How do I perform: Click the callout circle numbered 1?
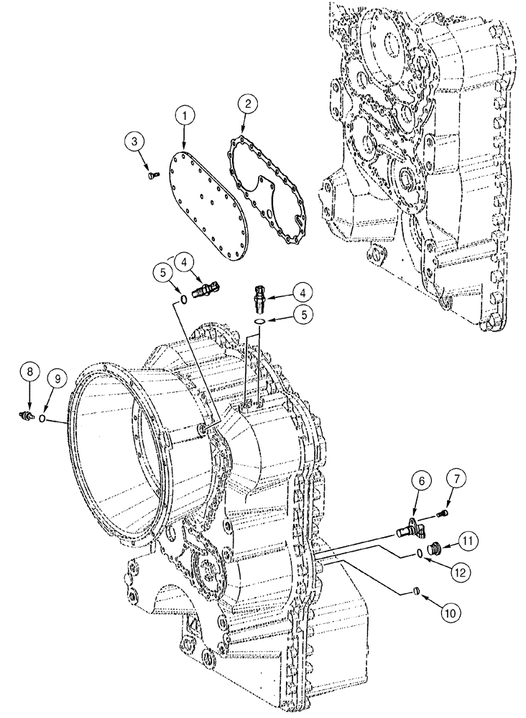pos(185,114)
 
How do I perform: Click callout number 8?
pos(29,372)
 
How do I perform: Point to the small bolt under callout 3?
pos(149,174)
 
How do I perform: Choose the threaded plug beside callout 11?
pos(434,551)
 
